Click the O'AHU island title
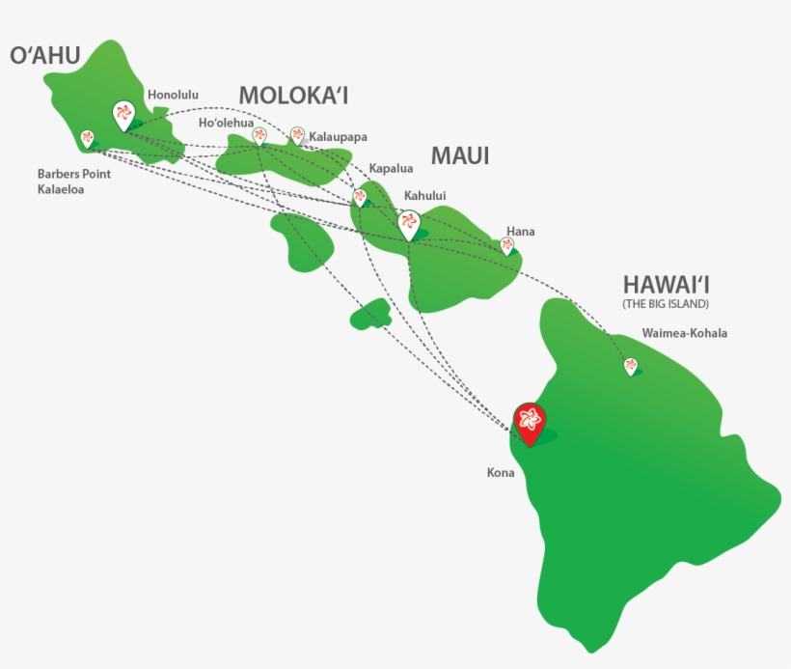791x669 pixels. click(44, 56)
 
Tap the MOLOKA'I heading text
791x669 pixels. click(293, 95)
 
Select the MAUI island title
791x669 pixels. click(460, 155)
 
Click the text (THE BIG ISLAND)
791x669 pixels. click(666, 304)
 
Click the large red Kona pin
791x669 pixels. click(529, 422)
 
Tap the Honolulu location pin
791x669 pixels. click(123, 115)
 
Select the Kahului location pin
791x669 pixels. click(408, 225)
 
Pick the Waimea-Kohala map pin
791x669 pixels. click(631, 366)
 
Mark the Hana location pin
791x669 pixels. click(507, 246)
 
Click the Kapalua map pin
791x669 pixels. click(360, 197)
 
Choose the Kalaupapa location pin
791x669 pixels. click(297, 135)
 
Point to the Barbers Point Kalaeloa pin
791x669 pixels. click(88, 139)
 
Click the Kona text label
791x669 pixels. click(501, 473)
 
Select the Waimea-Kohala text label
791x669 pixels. click(684, 334)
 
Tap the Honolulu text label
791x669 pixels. click(173, 95)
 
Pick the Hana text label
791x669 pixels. click(520, 232)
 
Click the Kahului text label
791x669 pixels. click(425, 196)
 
